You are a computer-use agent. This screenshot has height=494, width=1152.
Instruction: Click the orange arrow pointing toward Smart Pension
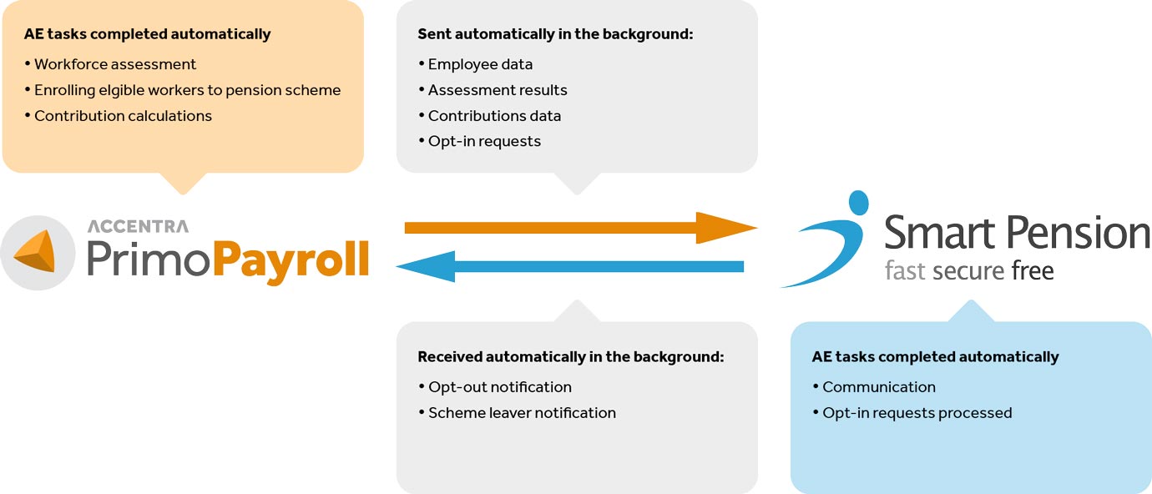[x=580, y=228]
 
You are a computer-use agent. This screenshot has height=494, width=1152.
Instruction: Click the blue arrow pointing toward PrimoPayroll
[x=570, y=266]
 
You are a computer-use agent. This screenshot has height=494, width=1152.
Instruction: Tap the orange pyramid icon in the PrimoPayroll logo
[x=36, y=251]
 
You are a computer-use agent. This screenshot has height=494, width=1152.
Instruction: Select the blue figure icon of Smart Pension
[x=827, y=239]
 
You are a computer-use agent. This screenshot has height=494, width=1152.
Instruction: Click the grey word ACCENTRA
[x=138, y=226]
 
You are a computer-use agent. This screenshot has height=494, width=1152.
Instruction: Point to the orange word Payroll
[x=291, y=260]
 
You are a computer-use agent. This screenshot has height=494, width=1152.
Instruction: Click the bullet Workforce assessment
[x=110, y=64]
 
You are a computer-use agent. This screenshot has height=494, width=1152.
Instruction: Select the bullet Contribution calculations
[x=118, y=116]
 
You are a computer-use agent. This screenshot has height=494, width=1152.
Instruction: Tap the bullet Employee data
[x=475, y=64]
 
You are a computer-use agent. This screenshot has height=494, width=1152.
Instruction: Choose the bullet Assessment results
[x=493, y=90]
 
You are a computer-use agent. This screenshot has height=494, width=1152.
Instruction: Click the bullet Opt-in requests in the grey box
[x=479, y=141]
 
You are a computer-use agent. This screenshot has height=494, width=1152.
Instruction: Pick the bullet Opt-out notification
[x=495, y=387]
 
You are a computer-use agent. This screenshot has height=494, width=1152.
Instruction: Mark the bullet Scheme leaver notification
[x=517, y=413]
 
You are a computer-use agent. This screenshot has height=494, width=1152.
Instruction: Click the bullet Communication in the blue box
[x=874, y=387]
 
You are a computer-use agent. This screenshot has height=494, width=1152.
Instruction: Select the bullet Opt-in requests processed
[x=912, y=413]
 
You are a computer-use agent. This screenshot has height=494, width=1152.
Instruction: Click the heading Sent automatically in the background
[x=555, y=34]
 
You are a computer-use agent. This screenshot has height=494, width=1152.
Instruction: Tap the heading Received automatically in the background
[x=571, y=357]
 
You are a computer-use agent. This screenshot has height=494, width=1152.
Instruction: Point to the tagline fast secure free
[x=969, y=270]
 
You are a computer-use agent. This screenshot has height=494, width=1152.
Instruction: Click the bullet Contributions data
[x=489, y=116]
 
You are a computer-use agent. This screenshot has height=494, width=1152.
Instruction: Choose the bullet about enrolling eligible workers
[x=183, y=90]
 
